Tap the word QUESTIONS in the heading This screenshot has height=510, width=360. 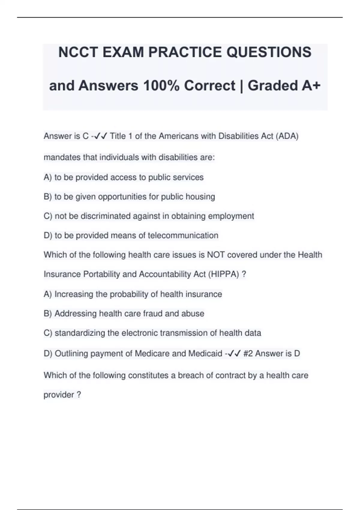pos(269,52)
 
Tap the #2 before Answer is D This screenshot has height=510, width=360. pos(248,353)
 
